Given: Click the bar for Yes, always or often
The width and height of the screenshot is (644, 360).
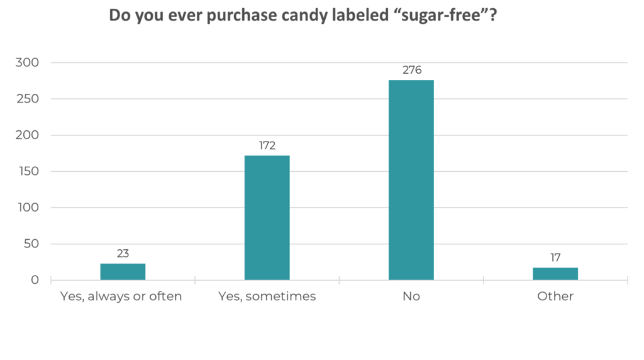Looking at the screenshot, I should tap(123, 271).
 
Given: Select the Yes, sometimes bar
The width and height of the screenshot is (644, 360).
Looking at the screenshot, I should tap(267, 217).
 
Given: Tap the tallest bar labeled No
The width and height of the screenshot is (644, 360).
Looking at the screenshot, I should tap(411, 179).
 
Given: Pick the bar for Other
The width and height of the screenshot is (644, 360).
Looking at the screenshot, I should tap(555, 274).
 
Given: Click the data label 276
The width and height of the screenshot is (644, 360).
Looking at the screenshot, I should tap(411, 70).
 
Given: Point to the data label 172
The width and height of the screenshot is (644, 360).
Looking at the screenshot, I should tap(267, 145).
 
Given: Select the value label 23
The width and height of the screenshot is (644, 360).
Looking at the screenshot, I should tap(123, 254).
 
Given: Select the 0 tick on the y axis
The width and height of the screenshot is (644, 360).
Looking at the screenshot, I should tap(35, 280).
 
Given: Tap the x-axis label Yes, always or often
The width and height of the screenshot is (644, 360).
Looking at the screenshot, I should tap(120, 296).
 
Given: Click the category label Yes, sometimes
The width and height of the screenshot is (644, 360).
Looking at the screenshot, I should tap(267, 296).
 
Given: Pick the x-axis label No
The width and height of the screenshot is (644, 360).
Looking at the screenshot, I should tap(411, 296).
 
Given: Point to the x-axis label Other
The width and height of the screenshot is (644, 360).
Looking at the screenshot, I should tap(555, 296).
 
